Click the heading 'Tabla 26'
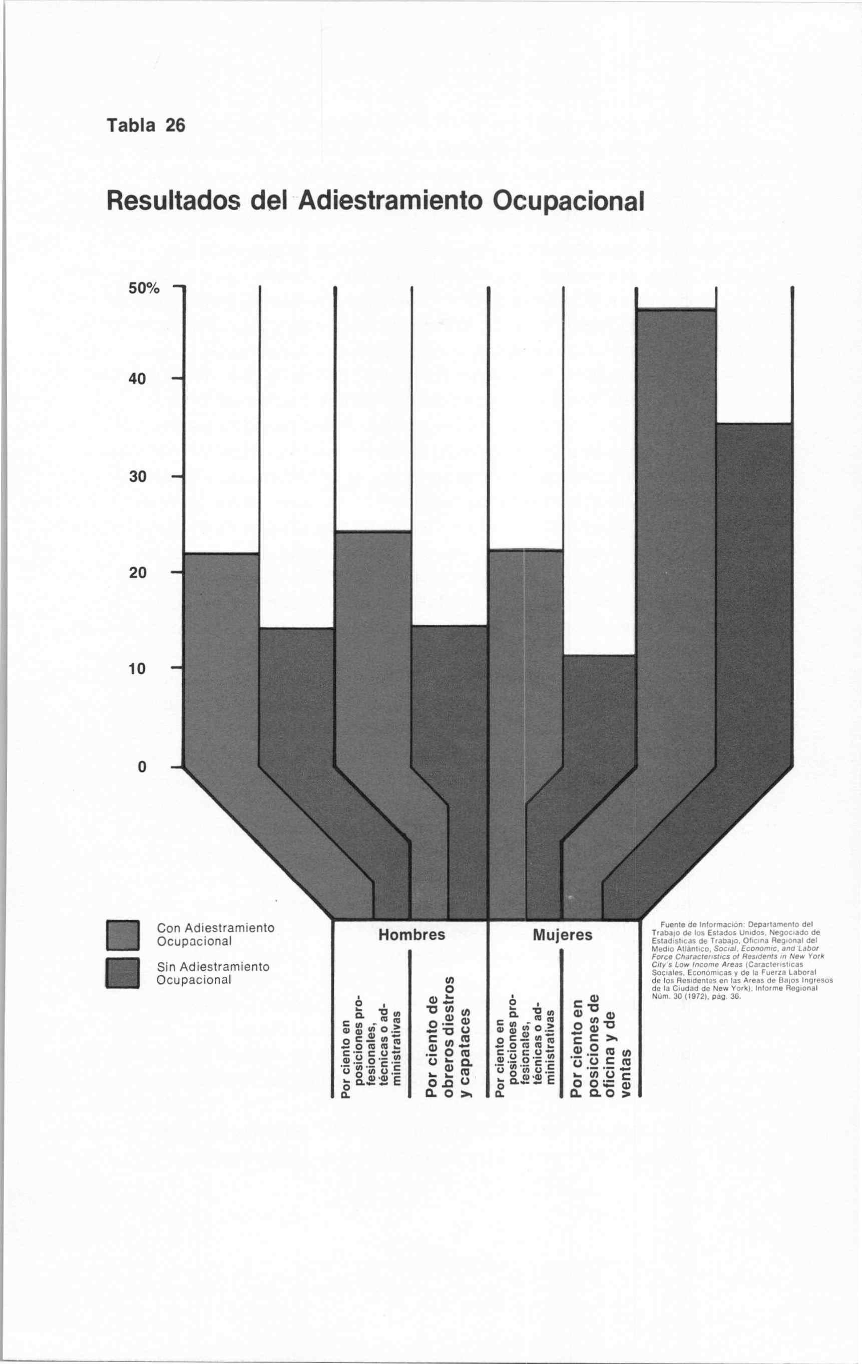(146, 125)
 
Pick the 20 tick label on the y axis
(138, 573)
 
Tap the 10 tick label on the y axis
(138, 668)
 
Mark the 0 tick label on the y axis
(142, 767)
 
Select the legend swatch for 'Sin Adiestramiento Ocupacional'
(123, 972)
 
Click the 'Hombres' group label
(411, 935)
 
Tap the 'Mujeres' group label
(562, 935)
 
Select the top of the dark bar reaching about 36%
(754, 423)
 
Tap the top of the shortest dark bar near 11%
(599, 655)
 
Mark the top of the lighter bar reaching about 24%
(373, 531)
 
